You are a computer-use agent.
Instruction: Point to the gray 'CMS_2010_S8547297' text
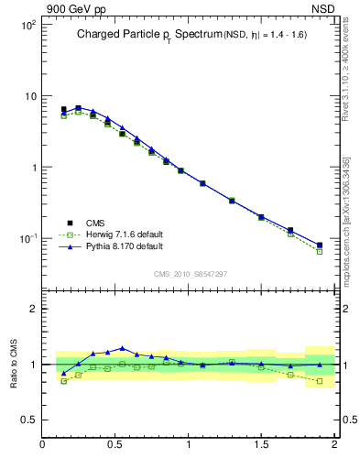190,273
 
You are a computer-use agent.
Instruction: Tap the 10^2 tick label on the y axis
27,25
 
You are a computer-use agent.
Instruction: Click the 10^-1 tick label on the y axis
27,239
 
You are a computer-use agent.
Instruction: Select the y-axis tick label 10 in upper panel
29,96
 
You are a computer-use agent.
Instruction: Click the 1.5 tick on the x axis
262,446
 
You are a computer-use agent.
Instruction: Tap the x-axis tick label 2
334,446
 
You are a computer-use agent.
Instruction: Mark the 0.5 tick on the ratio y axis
31,420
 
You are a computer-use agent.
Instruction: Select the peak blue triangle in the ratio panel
122,348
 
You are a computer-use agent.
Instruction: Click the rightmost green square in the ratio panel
320,381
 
